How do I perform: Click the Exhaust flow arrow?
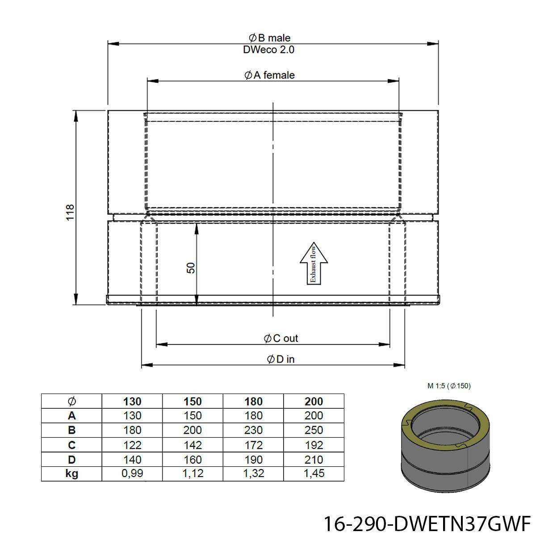[314, 263]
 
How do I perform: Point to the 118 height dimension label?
[70, 212]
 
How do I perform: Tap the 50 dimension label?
[191, 268]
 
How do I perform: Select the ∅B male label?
[269, 38]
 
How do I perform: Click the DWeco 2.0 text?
[268, 50]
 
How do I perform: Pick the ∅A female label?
[269, 75]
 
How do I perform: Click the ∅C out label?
[281, 338]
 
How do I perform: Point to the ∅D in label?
[281, 359]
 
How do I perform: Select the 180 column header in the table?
[253, 402]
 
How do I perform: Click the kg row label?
[72, 473]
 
